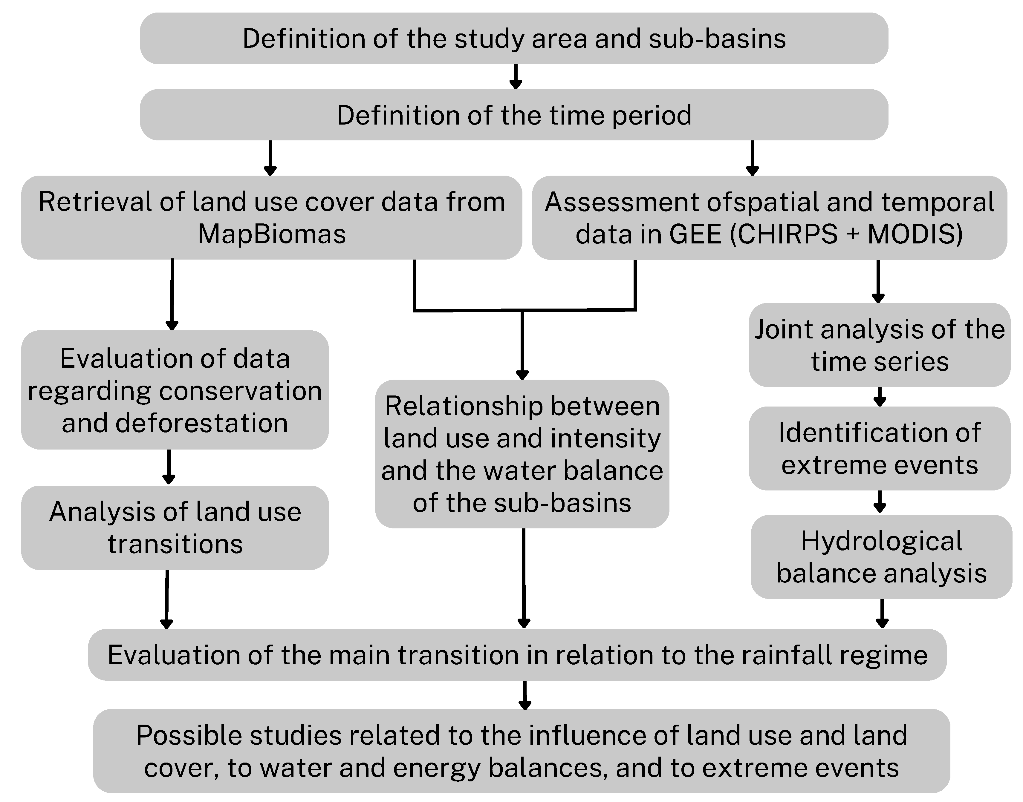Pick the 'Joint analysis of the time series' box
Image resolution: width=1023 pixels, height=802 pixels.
pyautogui.click(x=879, y=345)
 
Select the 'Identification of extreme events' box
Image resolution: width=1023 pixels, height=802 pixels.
pyautogui.click(x=879, y=448)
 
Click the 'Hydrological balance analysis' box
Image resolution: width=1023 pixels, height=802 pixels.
pyautogui.click(x=881, y=557)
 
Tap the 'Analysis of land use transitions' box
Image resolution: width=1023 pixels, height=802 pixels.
pyautogui.click(x=175, y=528)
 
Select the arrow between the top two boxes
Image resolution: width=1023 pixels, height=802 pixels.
pyautogui.click(x=516, y=76)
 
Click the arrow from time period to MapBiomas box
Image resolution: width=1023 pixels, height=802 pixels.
pyautogui.click(x=270, y=158)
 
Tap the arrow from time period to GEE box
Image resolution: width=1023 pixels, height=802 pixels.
pyautogui.click(x=753, y=158)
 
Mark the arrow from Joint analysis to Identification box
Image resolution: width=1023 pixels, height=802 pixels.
pyautogui.click(x=879, y=397)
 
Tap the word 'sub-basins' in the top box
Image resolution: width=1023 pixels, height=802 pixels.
pyautogui.click(x=717, y=39)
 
